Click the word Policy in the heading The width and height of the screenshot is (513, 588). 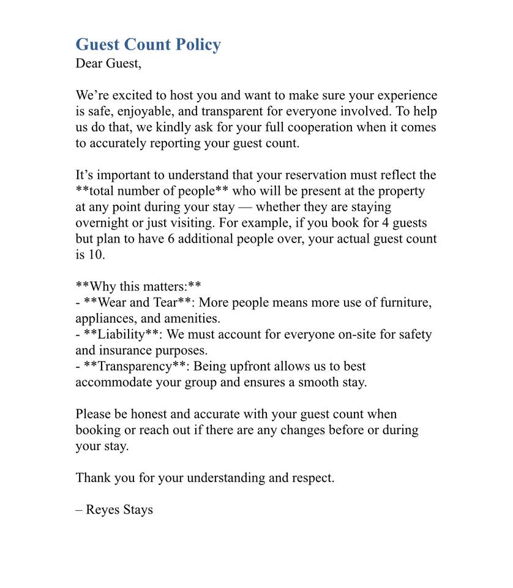pyautogui.click(x=195, y=45)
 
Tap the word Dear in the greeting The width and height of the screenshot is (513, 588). pyautogui.click(x=89, y=63)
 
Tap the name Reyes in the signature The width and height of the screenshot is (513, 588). pyautogui.click(x=103, y=510)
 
